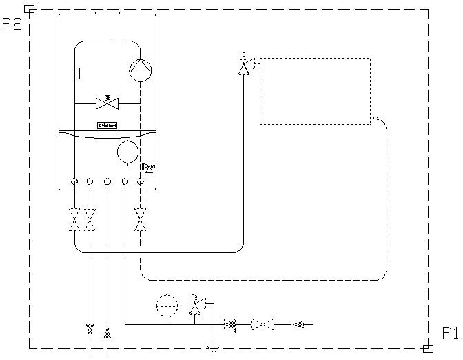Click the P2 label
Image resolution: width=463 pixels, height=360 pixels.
click(12, 24)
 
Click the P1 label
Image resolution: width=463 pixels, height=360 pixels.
click(450, 332)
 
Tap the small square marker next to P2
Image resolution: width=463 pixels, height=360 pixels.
click(29, 9)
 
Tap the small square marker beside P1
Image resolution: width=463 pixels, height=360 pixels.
click(428, 348)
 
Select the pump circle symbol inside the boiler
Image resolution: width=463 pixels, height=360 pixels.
click(140, 70)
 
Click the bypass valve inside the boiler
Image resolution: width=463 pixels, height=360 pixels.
click(107, 103)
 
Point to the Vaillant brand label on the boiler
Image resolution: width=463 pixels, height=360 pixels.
click(107, 126)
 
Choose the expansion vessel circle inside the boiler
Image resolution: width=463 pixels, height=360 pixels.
click(127, 152)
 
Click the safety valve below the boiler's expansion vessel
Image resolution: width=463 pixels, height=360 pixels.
click(149, 167)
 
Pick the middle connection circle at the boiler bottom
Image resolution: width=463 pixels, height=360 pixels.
click(107, 182)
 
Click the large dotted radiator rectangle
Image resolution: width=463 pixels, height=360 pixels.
click(315, 91)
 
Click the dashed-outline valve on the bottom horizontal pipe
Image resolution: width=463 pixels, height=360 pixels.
click(263, 323)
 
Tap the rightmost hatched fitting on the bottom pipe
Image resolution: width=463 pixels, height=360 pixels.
click(298, 323)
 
